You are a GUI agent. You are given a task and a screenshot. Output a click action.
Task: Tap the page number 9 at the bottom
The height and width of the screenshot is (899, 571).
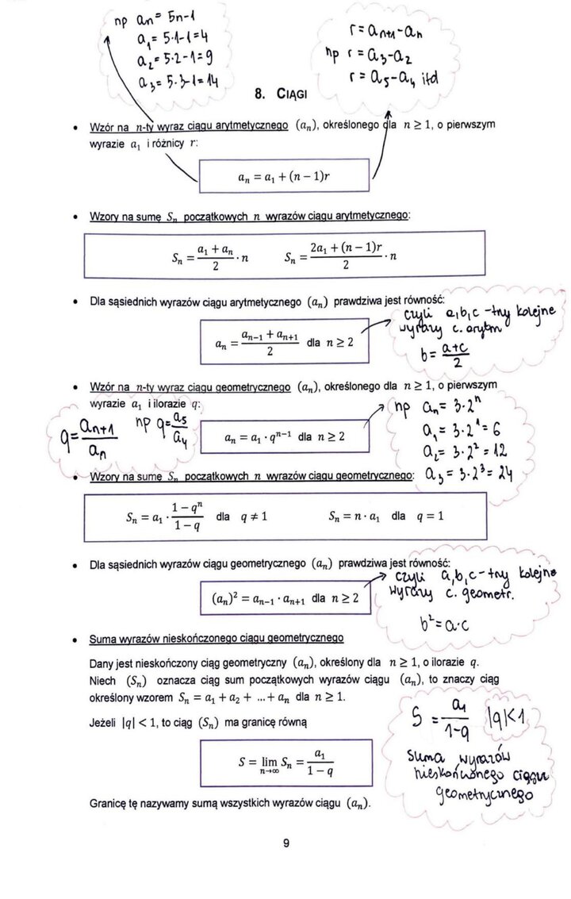(285, 844)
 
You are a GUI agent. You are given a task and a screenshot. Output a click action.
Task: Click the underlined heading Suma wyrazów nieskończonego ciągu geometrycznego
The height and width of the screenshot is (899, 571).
(217, 637)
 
